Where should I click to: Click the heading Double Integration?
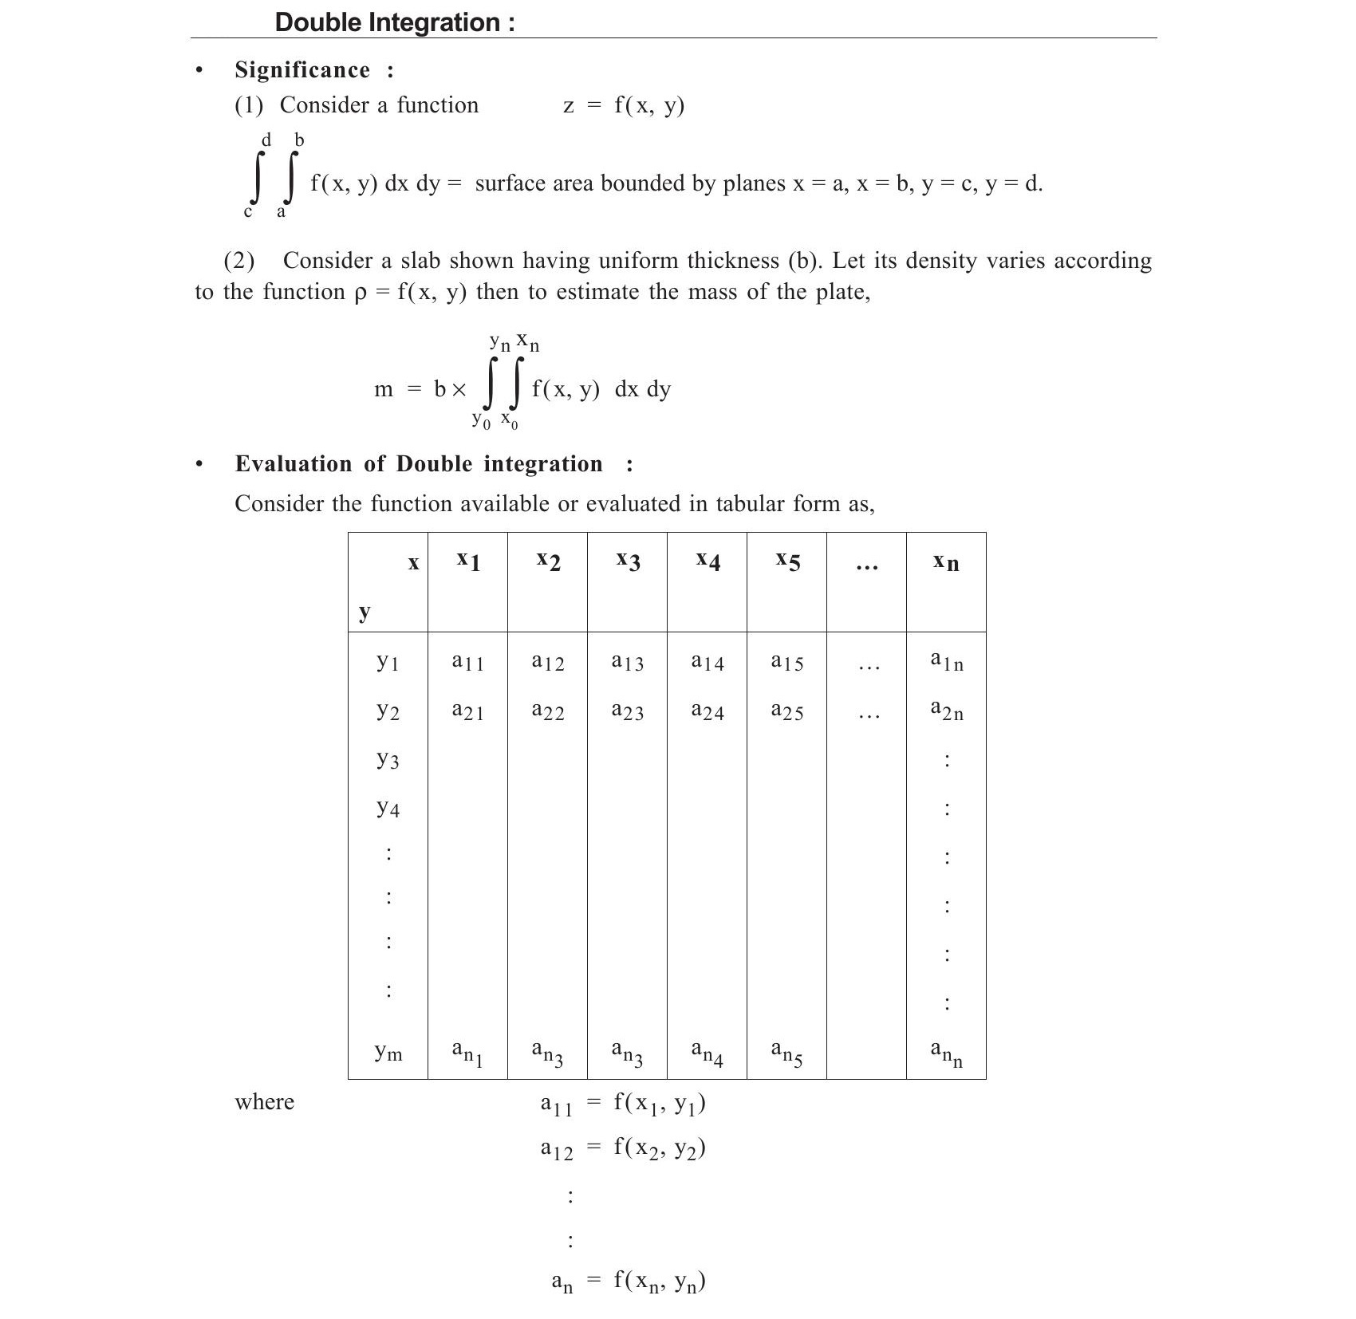point(394,22)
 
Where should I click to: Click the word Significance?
point(302,70)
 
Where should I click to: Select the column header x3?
point(628,561)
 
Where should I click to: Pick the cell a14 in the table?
point(708,661)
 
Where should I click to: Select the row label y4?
point(388,809)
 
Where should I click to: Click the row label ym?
point(388,1052)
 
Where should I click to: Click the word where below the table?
point(264,1102)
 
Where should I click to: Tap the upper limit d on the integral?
point(266,140)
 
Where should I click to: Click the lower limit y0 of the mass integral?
point(481,419)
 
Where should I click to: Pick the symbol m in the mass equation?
point(384,389)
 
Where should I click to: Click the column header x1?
point(468,561)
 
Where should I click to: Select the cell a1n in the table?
point(947,661)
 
